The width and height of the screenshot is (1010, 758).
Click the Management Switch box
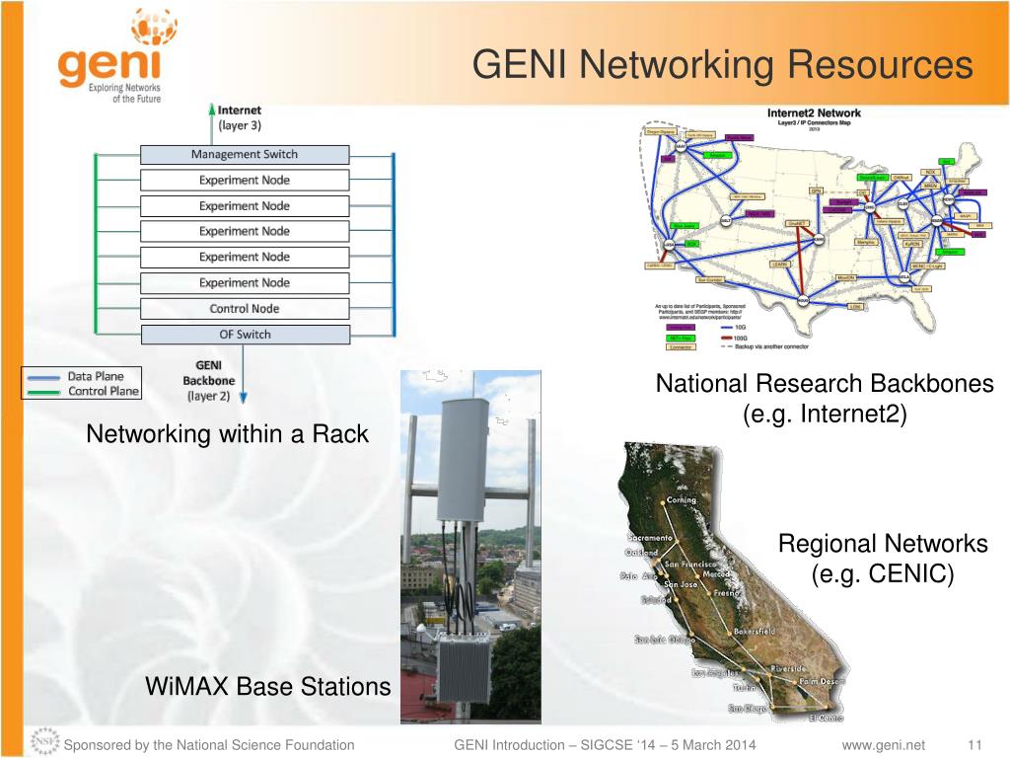[245, 155]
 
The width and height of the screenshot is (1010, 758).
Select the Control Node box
[245, 309]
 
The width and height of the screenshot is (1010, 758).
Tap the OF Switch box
[245, 335]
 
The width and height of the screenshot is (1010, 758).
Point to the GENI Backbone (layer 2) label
[208, 380]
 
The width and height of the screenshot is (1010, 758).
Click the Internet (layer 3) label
[240, 117]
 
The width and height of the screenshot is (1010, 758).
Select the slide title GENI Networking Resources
[722, 65]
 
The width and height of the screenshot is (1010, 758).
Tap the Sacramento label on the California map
[650, 538]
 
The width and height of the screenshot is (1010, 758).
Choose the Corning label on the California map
[682, 500]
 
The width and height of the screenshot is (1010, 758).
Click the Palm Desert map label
[822, 681]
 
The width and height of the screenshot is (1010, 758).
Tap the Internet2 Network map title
[814, 114]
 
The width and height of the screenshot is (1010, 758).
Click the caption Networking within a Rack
[227, 433]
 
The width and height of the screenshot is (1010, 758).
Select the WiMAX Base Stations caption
[267, 686]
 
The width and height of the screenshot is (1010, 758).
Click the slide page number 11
[977, 745]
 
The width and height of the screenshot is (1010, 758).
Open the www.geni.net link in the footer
[884, 745]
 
